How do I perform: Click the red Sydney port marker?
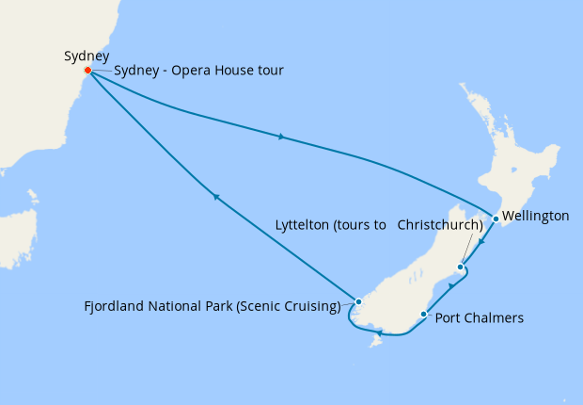[x=87, y=71]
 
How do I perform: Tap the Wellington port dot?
[x=496, y=219]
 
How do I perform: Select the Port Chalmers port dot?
[x=425, y=315]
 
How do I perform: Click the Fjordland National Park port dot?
[x=358, y=301]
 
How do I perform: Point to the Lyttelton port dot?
[x=460, y=267]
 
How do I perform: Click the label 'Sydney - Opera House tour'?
[x=198, y=72]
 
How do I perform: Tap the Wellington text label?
[x=536, y=217]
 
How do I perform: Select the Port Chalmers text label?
[x=479, y=318]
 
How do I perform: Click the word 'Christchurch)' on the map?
[x=440, y=225]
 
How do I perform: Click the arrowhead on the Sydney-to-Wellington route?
[x=281, y=138]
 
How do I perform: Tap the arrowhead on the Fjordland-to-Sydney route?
[x=215, y=197]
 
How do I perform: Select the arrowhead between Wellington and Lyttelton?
[x=480, y=244]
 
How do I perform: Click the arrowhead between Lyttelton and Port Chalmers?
[x=451, y=285]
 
